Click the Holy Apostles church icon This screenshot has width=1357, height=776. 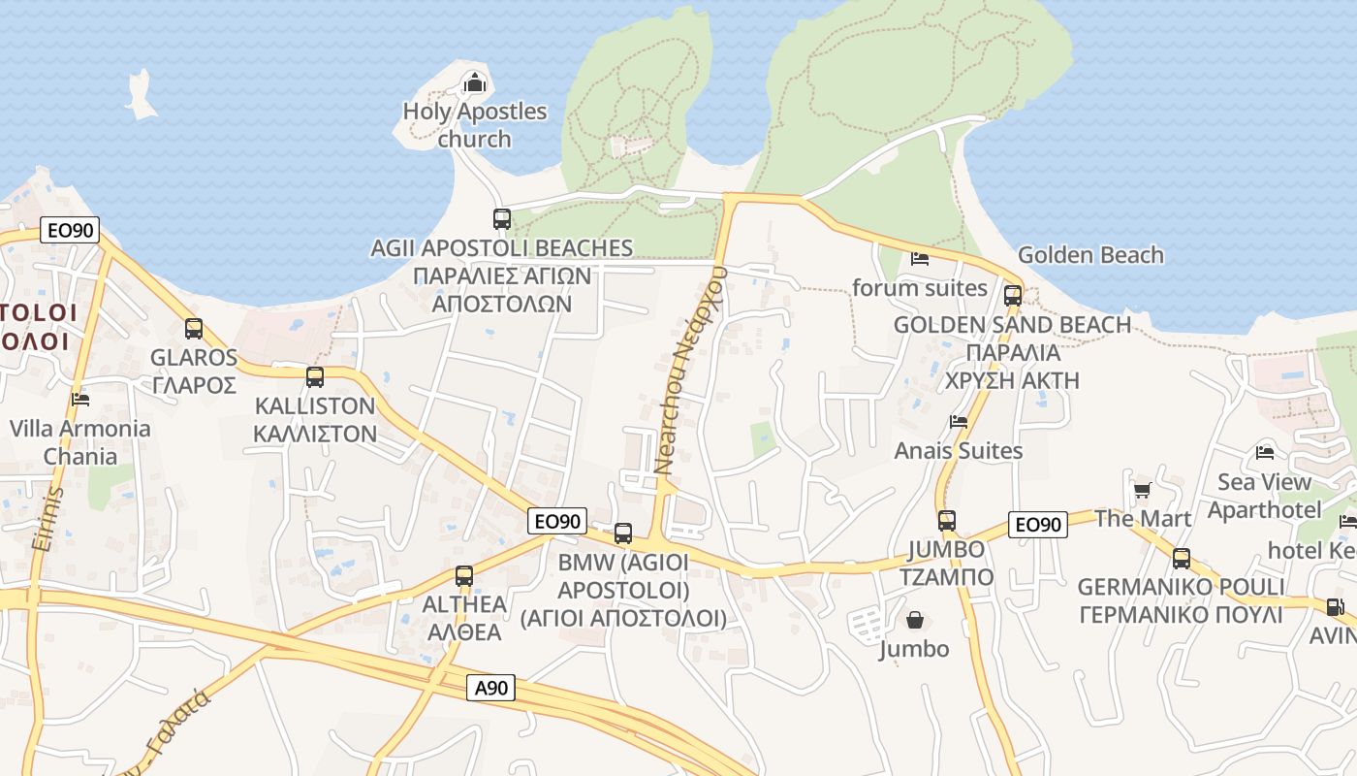pyautogui.click(x=474, y=83)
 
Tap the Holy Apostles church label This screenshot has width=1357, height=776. pyautogui.click(x=474, y=125)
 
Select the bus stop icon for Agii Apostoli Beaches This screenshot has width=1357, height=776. pyautogui.click(x=501, y=219)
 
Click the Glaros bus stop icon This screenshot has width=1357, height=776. pyautogui.click(x=194, y=329)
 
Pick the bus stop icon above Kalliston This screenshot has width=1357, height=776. pyautogui.click(x=315, y=377)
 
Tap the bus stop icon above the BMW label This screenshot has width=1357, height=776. pyautogui.click(x=623, y=533)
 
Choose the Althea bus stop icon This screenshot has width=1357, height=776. pyautogui.click(x=464, y=575)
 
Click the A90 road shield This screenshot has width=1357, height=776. pyautogui.click(x=491, y=688)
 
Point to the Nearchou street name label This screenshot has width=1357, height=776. pyautogui.click(x=690, y=369)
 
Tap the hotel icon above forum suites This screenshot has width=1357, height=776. pyautogui.click(x=920, y=258)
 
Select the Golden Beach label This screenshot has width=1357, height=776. pyautogui.click(x=1090, y=255)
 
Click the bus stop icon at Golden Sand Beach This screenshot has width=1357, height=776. pyautogui.click(x=1013, y=295)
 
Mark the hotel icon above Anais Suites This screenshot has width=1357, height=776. pyautogui.click(x=959, y=421)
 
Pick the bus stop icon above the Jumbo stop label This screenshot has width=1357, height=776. pyautogui.click(x=947, y=521)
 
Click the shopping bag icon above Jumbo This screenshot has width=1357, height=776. pyautogui.click(x=914, y=619)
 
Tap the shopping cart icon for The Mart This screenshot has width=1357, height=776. pyautogui.click(x=1142, y=490)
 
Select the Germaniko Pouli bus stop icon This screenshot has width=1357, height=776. pyautogui.click(x=1181, y=559)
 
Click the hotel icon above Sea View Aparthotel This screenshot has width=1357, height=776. pyautogui.click(x=1264, y=452)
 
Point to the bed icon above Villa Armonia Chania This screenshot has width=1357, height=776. pyautogui.click(x=80, y=399)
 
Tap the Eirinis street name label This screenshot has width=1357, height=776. pyautogui.click(x=47, y=518)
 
